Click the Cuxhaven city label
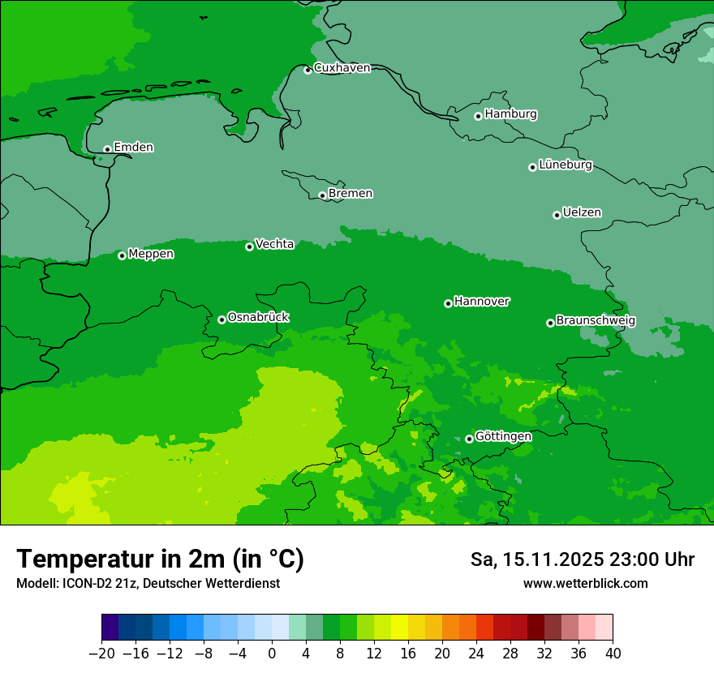click(x=342, y=68)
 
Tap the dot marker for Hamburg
click(x=478, y=116)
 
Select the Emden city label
click(x=133, y=148)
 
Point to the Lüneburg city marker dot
click(x=532, y=167)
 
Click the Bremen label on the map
click(x=351, y=194)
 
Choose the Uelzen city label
click(x=582, y=213)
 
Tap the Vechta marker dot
click(x=249, y=246)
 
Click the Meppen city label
click(x=151, y=255)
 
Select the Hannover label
click(x=482, y=302)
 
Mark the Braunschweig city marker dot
click(x=550, y=323)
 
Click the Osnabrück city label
click(x=258, y=318)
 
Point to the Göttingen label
click(x=503, y=437)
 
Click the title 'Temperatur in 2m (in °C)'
click(x=160, y=559)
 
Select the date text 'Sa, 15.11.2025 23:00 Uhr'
click(x=582, y=559)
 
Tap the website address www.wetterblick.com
click(x=585, y=583)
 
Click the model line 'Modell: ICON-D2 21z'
click(x=148, y=583)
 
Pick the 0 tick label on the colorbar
click(x=272, y=653)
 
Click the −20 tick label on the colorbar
click(x=101, y=653)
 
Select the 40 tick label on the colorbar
click(x=613, y=653)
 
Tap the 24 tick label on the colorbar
click(x=476, y=653)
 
